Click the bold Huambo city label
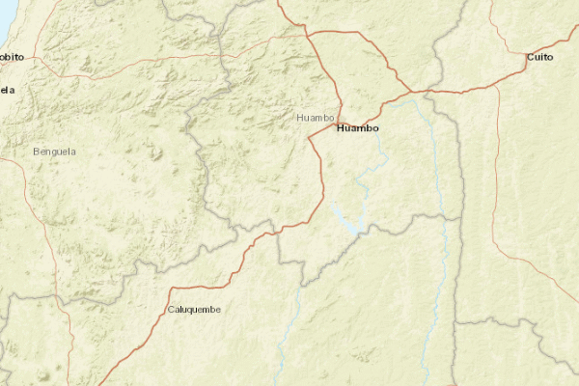point(357,127)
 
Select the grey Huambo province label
point(316,118)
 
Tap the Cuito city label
point(540,59)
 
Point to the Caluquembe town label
point(194,309)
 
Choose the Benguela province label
point(54,152)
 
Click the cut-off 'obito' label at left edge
point(12,58)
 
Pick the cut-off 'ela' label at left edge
point(8,90)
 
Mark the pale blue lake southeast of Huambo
point(346,218)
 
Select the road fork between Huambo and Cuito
point(425,92)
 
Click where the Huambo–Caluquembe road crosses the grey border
point(276,230)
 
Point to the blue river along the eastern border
point(442,193)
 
